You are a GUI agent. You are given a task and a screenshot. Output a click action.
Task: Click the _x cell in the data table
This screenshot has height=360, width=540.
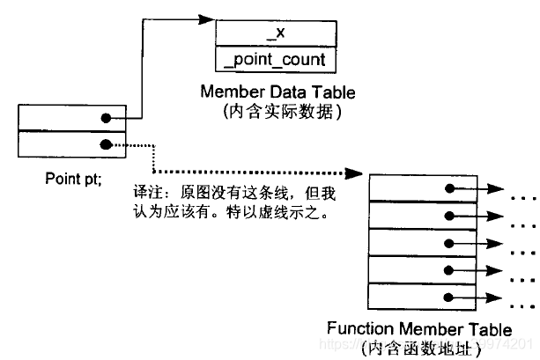point(276,33)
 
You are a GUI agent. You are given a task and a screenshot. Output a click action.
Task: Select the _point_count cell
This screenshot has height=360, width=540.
point(276,60)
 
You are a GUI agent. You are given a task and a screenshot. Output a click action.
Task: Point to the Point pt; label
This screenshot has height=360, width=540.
point(73,179)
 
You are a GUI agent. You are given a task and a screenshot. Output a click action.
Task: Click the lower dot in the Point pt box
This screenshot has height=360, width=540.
point(106,143)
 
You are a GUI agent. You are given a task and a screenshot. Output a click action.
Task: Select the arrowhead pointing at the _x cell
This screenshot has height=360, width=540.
point(207,17)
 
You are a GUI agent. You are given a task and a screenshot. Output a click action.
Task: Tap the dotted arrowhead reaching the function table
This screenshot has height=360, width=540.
point(359,172)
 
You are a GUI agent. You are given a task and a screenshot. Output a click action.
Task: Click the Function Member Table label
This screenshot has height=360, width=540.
point(418,329)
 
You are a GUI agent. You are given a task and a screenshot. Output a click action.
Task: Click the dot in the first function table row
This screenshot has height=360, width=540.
point(450,187)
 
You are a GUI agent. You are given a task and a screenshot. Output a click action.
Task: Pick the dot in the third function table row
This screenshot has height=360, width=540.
point(450,241)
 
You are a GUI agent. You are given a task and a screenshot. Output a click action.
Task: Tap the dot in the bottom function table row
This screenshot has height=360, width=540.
point(450,296)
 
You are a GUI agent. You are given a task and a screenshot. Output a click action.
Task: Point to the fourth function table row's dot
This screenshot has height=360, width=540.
point(450,269)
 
